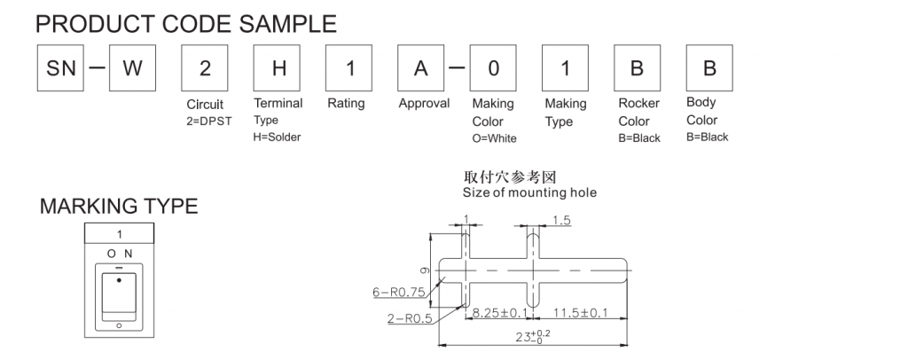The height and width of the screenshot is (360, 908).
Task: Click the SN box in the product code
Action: point(60,68)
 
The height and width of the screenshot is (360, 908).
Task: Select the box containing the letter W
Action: point(132,68)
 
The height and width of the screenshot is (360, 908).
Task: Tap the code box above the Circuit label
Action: point(205,68)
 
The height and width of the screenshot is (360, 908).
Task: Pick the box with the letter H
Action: point(278,68)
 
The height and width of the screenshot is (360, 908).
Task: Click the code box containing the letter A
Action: point(421,68)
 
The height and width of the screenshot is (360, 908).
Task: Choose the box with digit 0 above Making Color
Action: point(493,68)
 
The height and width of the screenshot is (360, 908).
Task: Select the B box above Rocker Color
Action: point(638,68)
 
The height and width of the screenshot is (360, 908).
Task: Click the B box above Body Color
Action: point(709,68)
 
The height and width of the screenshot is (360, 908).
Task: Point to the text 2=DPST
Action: point(208,121)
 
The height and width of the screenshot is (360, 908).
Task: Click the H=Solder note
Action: point(277,137)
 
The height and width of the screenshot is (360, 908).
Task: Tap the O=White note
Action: point(494,138)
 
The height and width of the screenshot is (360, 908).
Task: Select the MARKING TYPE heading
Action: point(119,207)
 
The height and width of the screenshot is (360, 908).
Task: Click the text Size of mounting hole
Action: point(529,192)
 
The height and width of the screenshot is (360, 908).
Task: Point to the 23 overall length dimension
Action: point(532,338)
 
